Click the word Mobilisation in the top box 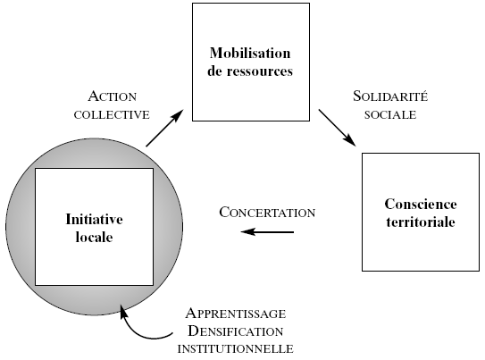point(250,53)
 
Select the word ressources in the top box point(260,71)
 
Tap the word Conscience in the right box point(421,205)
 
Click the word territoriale point(421,222)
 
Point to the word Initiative point(95,219)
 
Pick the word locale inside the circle point(95,238)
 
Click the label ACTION point(113,96)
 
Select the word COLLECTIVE point(112,114)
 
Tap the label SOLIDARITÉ point(390,96)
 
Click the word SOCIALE point(390,114)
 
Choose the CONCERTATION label point(267,213)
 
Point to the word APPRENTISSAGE point(236,314)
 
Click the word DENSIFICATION point(236,331)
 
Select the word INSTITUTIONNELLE point(236,349)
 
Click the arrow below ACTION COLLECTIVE point(165,128)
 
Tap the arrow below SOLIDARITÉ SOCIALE point(337,128)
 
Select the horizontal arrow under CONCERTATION point(267,231)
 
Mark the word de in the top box point(214,71)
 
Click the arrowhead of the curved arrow point(123,311)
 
